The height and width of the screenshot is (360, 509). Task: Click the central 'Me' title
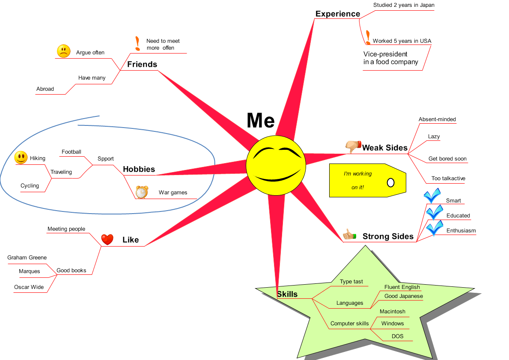(260, 120)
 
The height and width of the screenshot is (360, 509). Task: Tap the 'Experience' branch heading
(337, 14)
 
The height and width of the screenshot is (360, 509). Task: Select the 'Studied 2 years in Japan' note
(403, 5)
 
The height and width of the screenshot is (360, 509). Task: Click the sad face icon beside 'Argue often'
(63, 51)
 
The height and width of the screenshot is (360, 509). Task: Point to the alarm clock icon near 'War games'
(141, 192)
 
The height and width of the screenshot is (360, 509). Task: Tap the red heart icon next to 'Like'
(107, 239)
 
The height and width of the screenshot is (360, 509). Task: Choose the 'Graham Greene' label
(27, 258)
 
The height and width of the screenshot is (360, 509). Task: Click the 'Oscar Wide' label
(29, 287)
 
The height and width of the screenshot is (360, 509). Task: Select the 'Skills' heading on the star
(287, 294)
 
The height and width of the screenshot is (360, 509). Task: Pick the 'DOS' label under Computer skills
(397, 336)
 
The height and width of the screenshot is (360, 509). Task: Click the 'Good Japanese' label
(403, 296)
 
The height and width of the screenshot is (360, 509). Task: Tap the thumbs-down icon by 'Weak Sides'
(353, 146)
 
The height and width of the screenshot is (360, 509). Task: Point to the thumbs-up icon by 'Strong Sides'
(349, 235)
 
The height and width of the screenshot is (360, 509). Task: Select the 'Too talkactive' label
(448, 179)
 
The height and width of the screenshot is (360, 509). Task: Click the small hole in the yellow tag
(390, 183)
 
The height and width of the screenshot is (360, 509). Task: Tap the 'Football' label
(71, 152)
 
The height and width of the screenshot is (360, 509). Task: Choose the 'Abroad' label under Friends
(45, 89)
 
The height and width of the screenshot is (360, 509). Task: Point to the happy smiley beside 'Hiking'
(21, 158)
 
